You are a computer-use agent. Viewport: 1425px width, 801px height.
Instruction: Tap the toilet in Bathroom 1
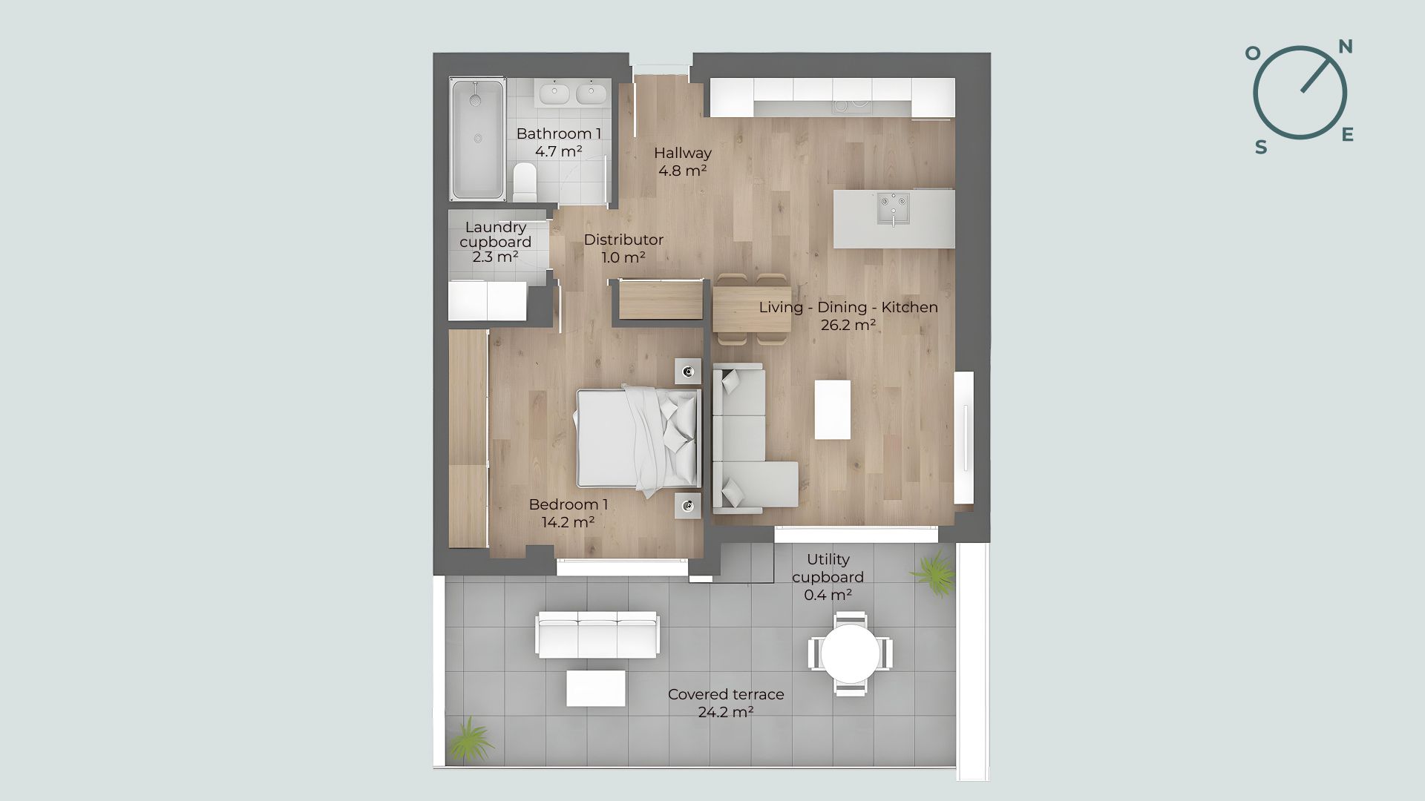[x=525, y=182]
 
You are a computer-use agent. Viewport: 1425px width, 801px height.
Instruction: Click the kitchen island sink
[x=893, y=208]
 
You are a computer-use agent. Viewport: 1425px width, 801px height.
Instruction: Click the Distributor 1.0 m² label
[x=623, y=248]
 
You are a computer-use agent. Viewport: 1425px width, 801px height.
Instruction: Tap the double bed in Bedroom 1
[x=639, y=441]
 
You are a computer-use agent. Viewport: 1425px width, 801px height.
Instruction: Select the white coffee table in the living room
[x=833, y=409]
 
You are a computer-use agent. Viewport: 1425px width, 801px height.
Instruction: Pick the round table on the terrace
[x=851, y=653]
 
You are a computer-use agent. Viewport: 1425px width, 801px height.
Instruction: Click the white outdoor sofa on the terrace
[x=597, y=635]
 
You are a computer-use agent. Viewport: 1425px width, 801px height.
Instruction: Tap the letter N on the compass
[x=1345, y=47]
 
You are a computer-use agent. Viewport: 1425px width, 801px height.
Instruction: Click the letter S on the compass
[x=1261, y=148]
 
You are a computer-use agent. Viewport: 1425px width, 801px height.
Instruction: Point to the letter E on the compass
[x=1348, y=134]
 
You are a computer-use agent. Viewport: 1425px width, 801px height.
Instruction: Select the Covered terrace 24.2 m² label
[x=726, y=703]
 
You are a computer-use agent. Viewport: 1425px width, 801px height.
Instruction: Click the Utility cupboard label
[x=828, y=568]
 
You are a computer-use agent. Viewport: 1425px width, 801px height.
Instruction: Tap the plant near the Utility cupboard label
[x=933, y=573]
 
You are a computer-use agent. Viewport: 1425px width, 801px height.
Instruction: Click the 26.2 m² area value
[x=848, y=325]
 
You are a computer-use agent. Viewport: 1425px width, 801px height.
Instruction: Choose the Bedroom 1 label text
[x=569, y=504]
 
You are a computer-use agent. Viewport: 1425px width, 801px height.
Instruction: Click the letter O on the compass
[x=1253, y=53]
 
